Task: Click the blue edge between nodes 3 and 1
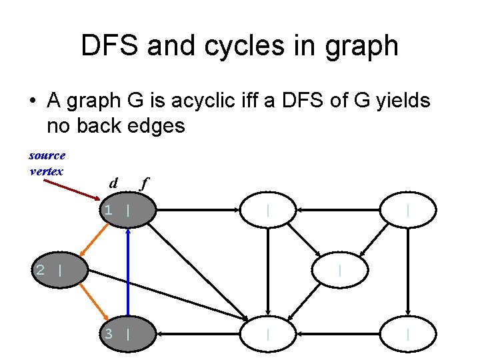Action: pos(127,273)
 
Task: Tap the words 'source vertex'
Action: pos(47,163)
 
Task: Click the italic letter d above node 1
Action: pos(113,183)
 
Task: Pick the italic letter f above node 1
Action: pos(141,184)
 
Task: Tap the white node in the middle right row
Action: pos(340,271)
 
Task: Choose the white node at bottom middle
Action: pos(268,333)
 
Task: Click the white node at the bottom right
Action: pos(408,333)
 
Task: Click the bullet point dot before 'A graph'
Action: pos(31,102)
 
